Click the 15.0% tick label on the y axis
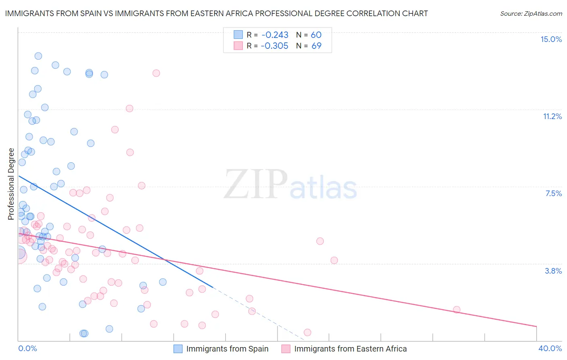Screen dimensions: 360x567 [x=551, y=39]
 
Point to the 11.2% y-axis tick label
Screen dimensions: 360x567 [x=552, y=116]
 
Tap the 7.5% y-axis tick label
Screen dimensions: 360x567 [x=553, y=193]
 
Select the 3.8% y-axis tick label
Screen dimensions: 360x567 [x=553, y=271]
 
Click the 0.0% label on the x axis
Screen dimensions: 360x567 [x=27, y=348]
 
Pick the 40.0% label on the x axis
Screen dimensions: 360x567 [x=550, y=348]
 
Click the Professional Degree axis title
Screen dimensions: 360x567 [x=11, y=184]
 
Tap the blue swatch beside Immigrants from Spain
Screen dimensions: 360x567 [x=178, y=349]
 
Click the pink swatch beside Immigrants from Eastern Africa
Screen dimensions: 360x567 [x=286, y=349]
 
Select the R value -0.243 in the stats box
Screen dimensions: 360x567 [x=275, y=35]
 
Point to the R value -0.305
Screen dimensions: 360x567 [x=275, y=46]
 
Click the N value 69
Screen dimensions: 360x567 [x=316, y=46]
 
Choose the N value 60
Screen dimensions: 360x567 [x=316, y=35]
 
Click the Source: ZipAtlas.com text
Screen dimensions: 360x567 [x=531, y=14]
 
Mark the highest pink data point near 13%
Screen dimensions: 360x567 [x=156, y=73]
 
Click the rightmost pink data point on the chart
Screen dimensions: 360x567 [x=457, y=310]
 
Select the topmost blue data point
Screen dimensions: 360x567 [x=38, y=56]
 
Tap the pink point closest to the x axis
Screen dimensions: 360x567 [x=307, y=333]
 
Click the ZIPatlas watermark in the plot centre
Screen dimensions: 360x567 [x=290, y=185]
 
